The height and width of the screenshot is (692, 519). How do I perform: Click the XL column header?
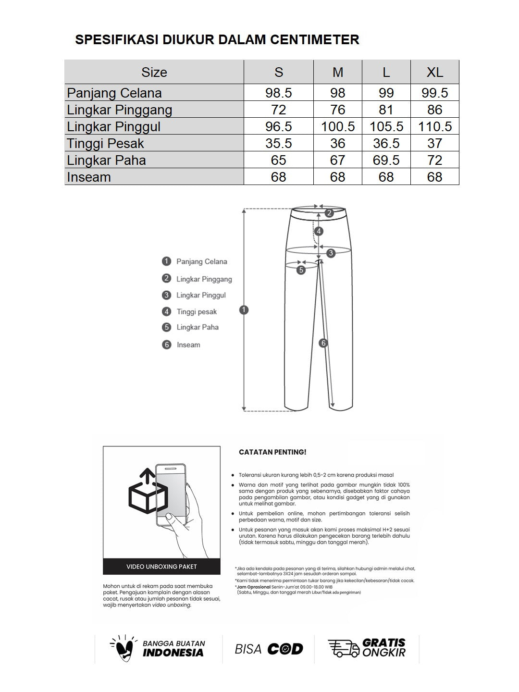click(434, 72)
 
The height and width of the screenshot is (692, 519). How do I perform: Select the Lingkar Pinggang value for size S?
click(278, 110)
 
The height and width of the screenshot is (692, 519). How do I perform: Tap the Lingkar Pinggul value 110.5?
click(434, 126)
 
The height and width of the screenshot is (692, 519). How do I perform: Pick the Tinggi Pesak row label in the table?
click(106, 143)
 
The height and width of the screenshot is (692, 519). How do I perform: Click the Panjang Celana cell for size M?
click(337, 93)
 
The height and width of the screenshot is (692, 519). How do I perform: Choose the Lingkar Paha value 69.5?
click(386, 160)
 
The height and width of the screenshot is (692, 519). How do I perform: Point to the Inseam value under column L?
click(386, 177)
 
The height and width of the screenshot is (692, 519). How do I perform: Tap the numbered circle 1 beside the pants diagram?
click(244, 310)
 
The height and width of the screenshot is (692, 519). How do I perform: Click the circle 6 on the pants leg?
click(323, 343)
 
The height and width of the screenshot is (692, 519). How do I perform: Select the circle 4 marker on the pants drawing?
click(319, 231)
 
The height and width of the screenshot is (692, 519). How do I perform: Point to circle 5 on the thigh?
click(301, 270)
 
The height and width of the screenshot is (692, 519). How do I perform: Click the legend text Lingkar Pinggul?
click(201, 295)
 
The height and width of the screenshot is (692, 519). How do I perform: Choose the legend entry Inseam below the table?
click(188, 345)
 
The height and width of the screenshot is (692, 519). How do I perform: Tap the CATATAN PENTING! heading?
click(272, 452)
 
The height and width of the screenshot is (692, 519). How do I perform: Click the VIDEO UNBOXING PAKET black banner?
click(161, 567)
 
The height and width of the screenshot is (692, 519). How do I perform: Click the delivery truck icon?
click(343, 648)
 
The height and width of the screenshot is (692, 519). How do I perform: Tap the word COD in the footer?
click(285, 649)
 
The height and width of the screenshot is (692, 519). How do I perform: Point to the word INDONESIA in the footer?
click(173, 653)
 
